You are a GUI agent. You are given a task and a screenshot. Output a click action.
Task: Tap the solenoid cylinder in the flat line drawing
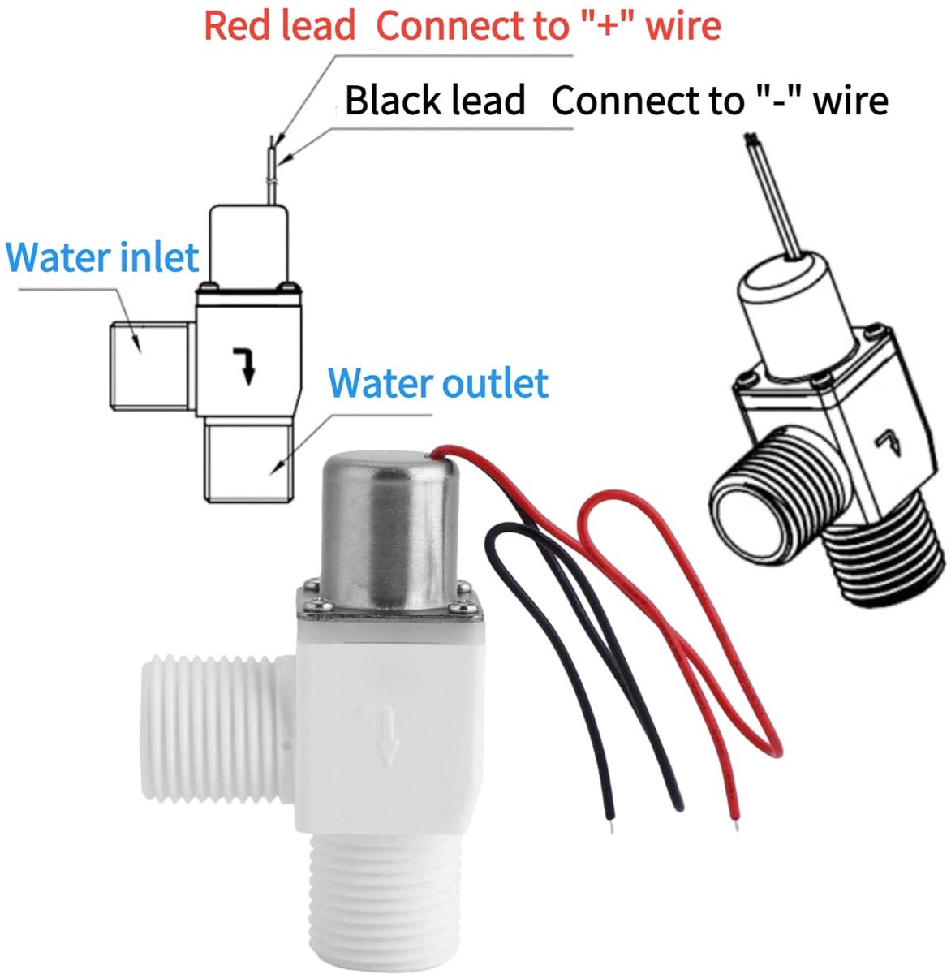248,246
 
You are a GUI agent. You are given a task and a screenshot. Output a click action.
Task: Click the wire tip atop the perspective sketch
750,139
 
